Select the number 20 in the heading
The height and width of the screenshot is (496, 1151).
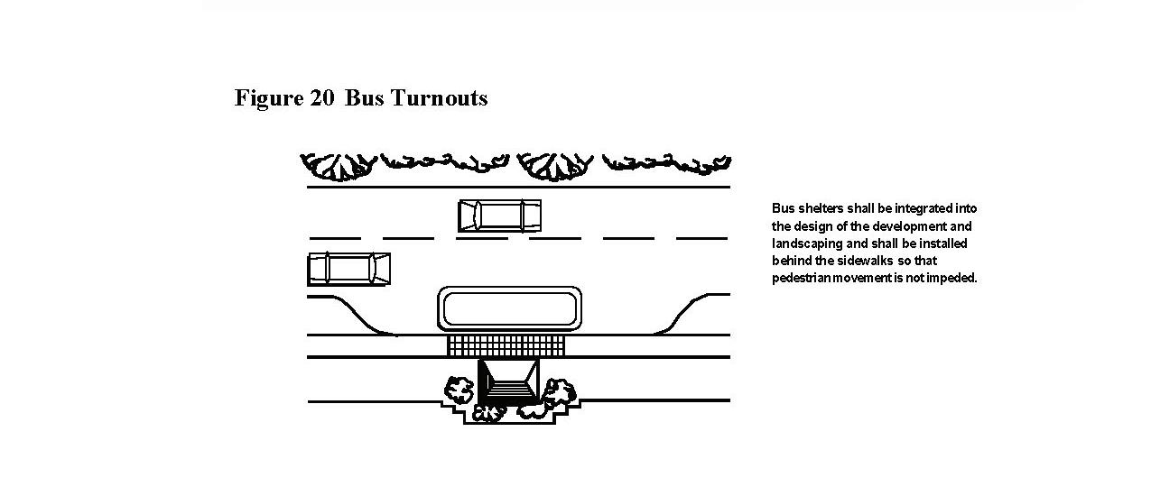coord(321,98)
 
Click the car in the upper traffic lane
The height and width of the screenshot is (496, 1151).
coord(499,216)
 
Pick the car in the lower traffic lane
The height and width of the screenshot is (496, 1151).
coord(348,269)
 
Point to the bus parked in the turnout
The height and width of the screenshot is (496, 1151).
coord(509,308)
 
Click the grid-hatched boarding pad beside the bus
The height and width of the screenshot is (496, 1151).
coord(506,345)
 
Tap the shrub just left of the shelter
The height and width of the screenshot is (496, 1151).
coord(459,390)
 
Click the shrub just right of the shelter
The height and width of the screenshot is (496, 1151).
coord(559,392)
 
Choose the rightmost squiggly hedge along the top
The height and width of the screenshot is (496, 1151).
coord(666,162)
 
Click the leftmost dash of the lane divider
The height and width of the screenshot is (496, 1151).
coord(334,238)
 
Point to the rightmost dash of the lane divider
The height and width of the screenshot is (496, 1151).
coord(701,238)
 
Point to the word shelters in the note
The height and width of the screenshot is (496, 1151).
coord(817,208)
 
